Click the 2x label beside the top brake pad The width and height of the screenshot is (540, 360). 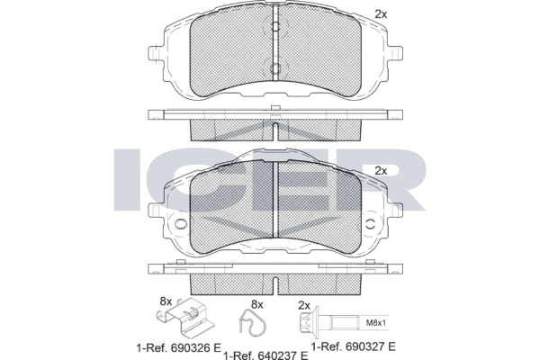(x=381, y=14)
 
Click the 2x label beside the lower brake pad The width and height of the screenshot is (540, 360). (x=381, y=171)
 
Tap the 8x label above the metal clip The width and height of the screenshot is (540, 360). (x=166, y=301)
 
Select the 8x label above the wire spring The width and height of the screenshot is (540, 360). (x=256, y=304)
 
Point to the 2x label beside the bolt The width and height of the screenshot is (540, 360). (x=304, y=305)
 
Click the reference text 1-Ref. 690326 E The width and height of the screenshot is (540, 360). (x=179, y=348)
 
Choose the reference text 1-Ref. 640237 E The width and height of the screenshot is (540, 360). (x=265, y=355)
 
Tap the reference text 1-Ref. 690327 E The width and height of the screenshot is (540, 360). (x=354, y=346)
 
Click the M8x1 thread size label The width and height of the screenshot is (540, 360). (x=375, y=323)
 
